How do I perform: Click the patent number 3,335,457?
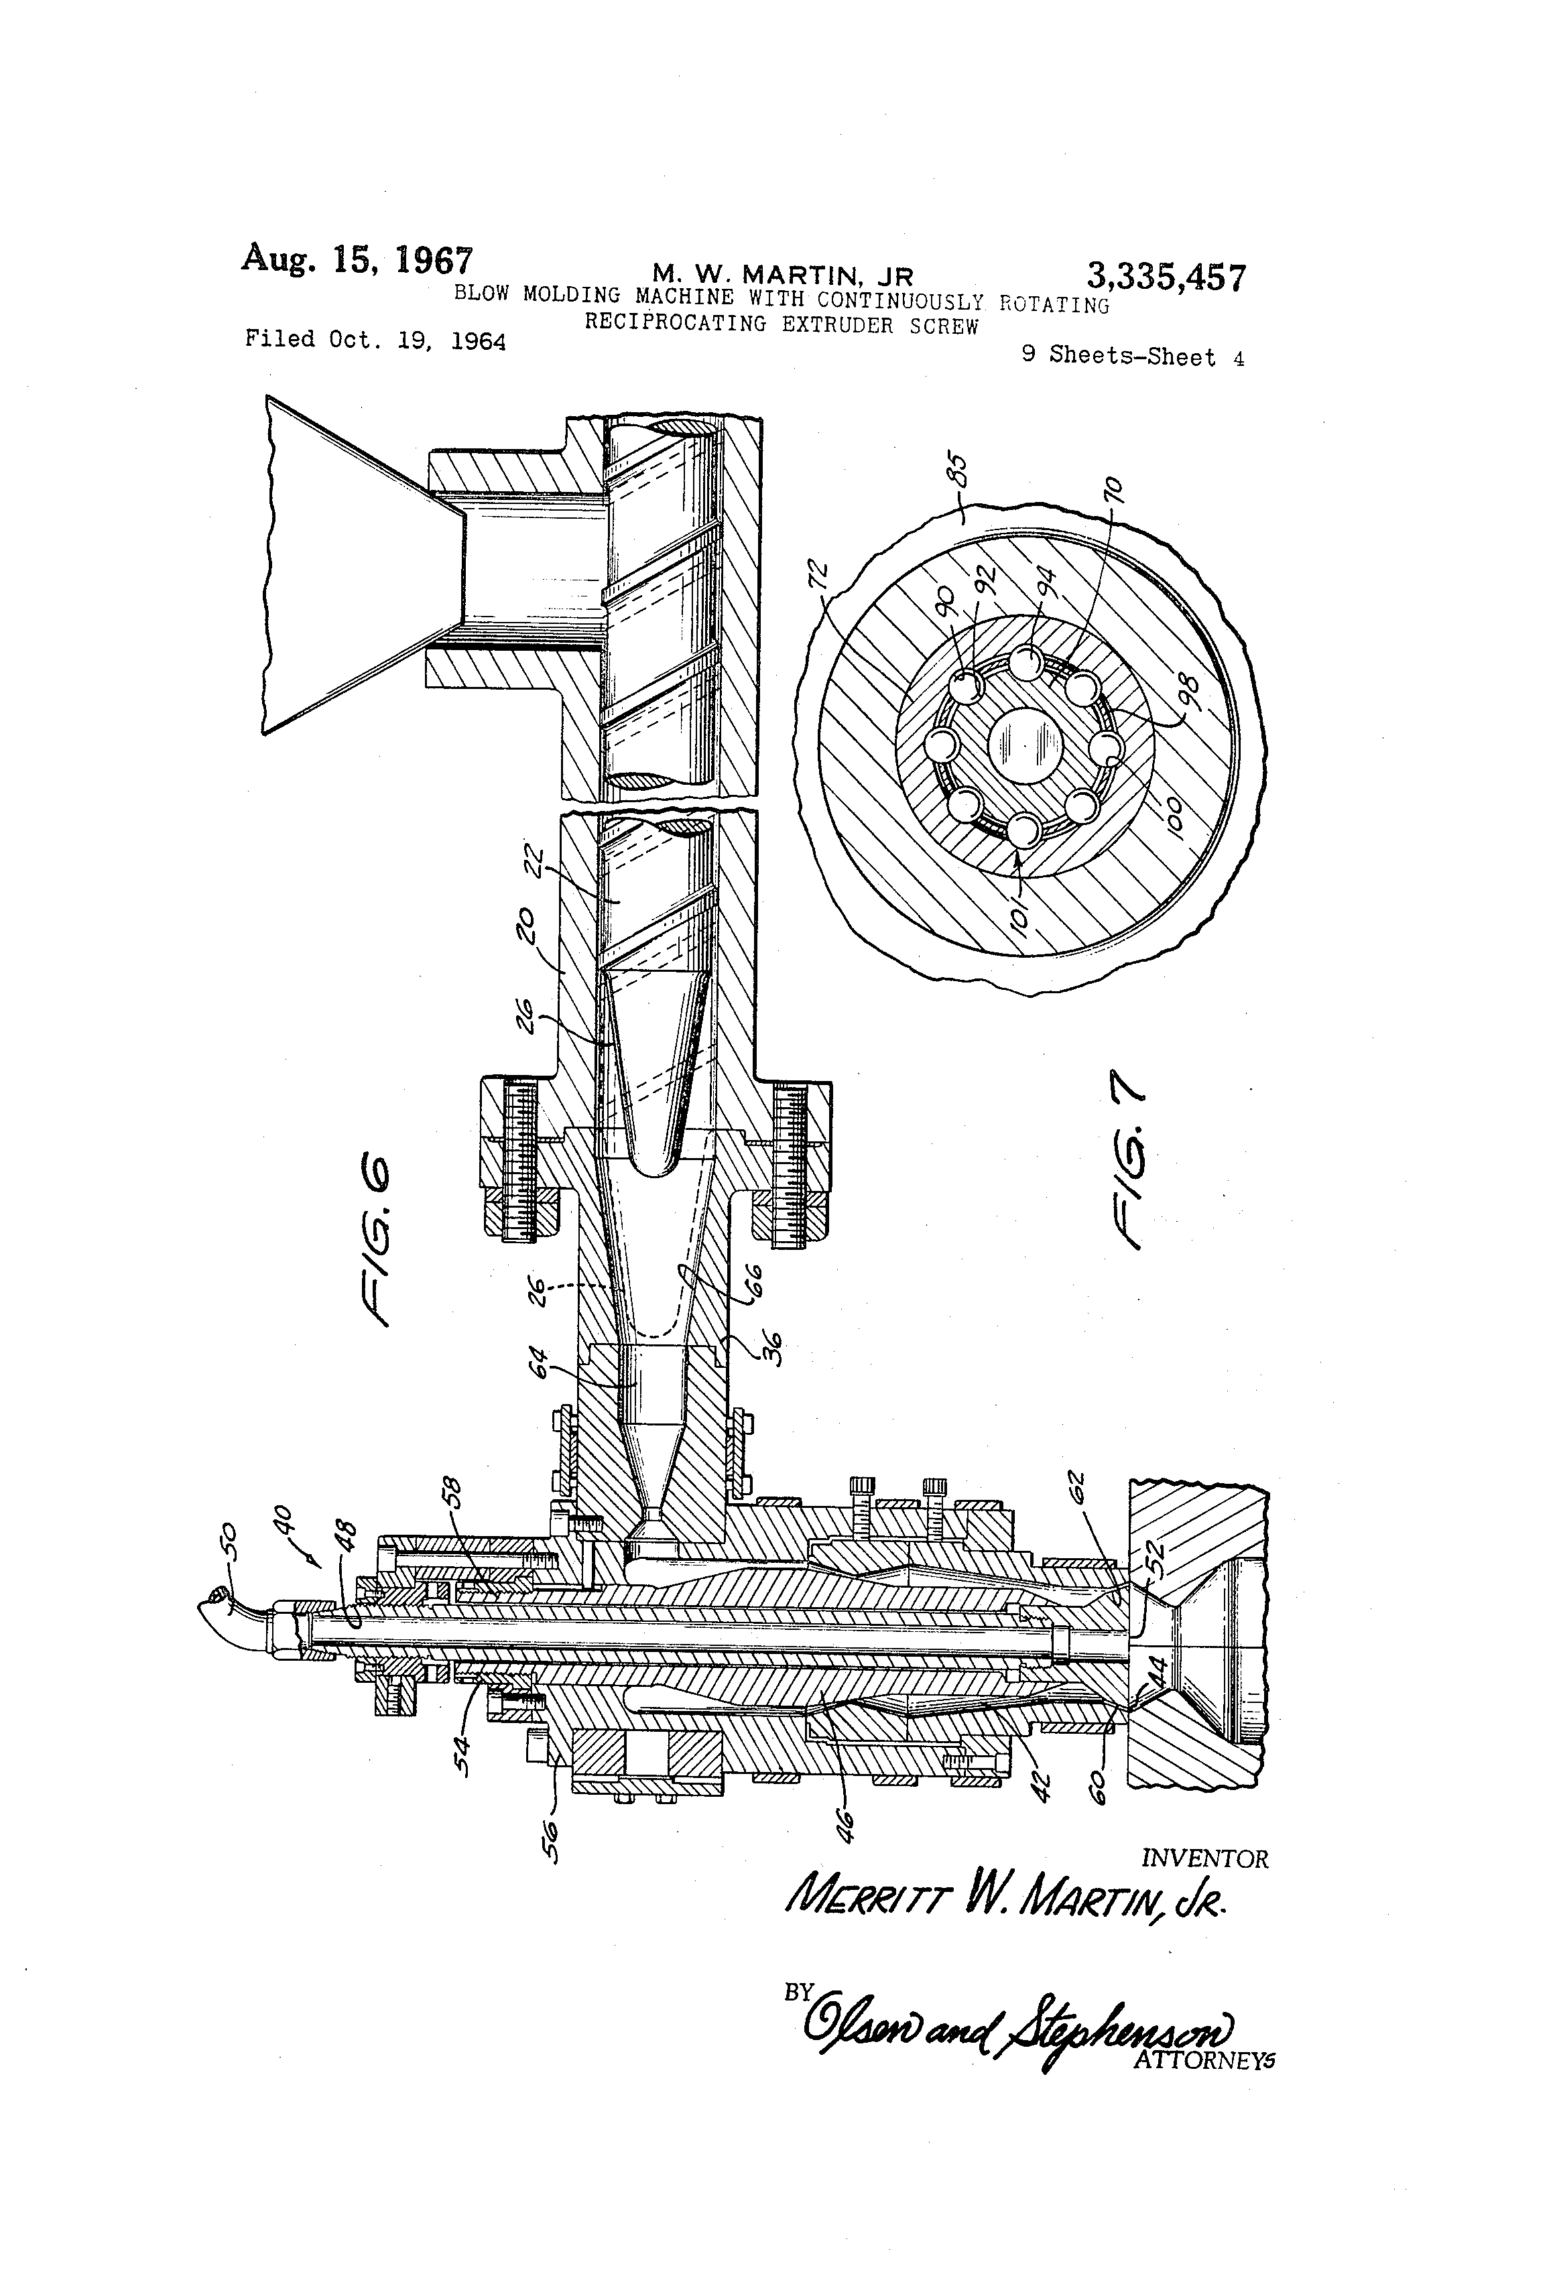tap(1165, 277)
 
